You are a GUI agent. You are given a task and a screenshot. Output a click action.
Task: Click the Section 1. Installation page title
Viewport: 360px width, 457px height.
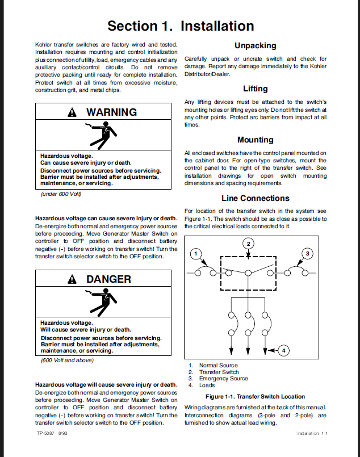coord(180,26)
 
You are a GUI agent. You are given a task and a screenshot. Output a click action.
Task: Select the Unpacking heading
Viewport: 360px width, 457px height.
coord(255,45)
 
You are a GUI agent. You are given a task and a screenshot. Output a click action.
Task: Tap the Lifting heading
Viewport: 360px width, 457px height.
coord(255,89)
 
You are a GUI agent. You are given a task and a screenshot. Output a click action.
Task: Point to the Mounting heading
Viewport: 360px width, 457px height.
coord(255,140)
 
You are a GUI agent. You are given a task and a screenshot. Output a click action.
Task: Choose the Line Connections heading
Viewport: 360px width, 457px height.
coord(255,198)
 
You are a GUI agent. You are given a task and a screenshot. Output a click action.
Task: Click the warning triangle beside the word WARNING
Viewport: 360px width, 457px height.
coord(72,112)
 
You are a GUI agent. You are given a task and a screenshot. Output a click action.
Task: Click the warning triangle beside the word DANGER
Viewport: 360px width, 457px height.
coord(72,279)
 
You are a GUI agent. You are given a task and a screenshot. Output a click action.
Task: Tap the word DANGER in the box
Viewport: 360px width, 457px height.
coord(108,279)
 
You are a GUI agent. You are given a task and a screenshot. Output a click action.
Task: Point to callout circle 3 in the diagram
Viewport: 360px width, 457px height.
coord(307,253)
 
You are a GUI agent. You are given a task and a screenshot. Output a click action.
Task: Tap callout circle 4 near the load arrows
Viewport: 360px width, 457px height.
coord(282,350)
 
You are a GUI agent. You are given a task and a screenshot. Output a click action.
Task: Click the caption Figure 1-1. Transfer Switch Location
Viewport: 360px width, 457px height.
coord(255,397)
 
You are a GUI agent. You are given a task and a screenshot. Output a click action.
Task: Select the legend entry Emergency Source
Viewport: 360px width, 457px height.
coord(223,379)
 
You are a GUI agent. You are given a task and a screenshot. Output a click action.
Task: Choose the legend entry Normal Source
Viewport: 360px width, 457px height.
coord(218,366)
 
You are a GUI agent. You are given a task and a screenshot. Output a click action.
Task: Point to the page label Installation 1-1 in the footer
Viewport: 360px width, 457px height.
coord(312,433)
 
